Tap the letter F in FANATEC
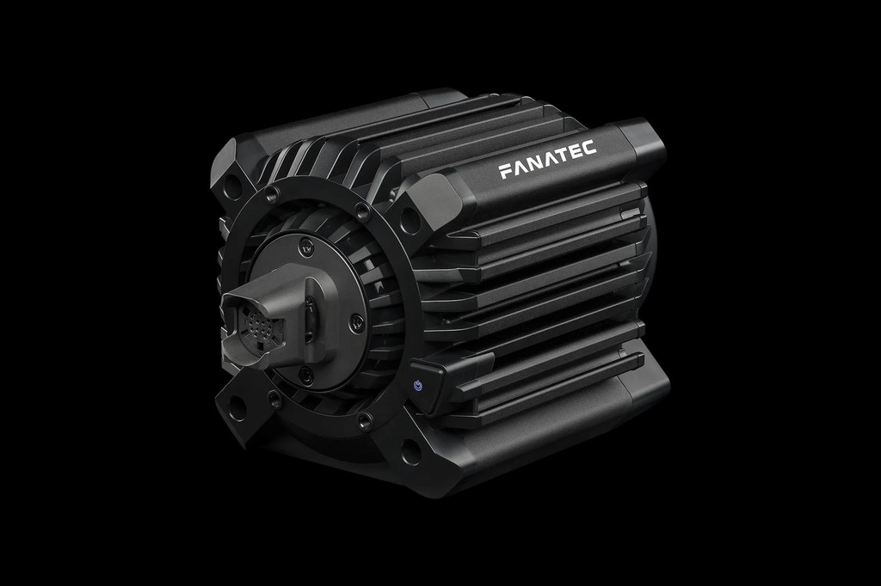(x=504, y=172)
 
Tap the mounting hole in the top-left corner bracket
(x=231, y=183)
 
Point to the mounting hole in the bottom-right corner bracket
(x=411, y=452)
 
